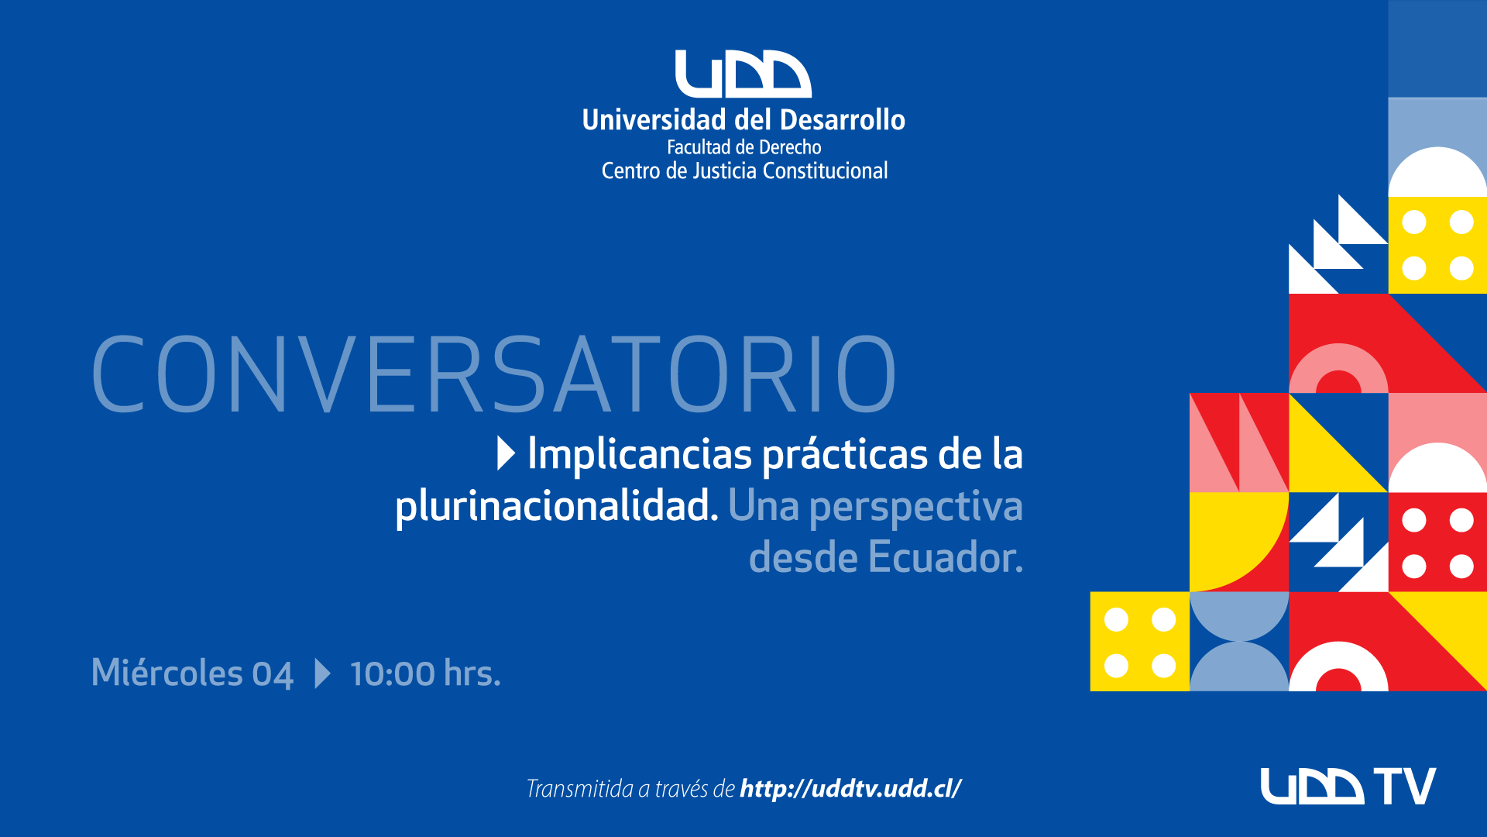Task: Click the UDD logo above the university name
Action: coord(743,74)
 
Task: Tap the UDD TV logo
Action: coord(1348,786)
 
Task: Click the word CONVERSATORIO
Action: coord(494,375)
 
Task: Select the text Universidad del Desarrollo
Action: coord(743,120)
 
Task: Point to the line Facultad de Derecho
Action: coord(743,147)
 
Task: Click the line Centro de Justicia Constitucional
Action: coord(744,170)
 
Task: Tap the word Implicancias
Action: coord(640,456)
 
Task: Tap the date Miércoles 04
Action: coord(192,673)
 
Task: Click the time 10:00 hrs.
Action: coord(425,673)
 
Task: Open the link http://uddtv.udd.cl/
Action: coord(850,789)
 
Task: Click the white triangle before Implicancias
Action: coord(506,453)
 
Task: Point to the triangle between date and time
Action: coord(322,673)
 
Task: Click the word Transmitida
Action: coord(580,789)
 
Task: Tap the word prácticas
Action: coord(845,456)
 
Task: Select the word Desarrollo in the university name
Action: coord(843,120)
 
